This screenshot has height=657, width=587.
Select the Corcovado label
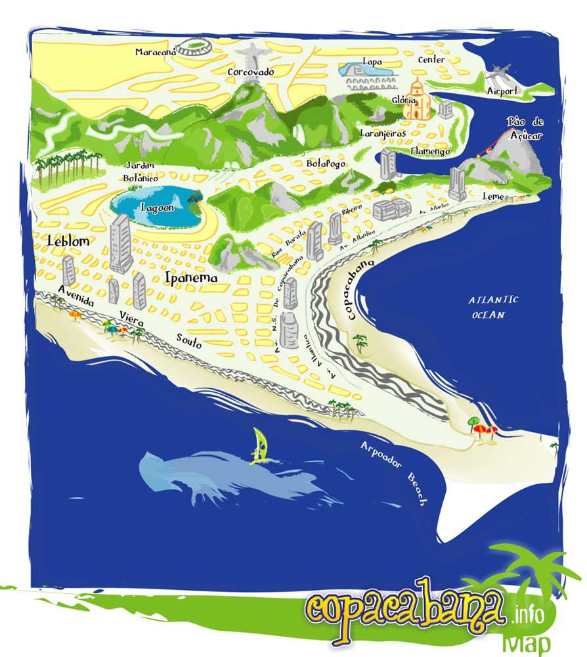[250, 72]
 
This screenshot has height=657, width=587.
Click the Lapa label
[372, 61]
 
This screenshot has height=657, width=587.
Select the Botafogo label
[326, 162]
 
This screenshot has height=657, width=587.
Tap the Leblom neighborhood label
[68, 241]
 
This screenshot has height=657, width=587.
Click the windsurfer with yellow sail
[261, 447]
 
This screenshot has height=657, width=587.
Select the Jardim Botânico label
[141, 171]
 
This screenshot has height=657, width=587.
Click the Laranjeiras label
[383, 133]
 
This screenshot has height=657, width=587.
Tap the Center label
[431, 60]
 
